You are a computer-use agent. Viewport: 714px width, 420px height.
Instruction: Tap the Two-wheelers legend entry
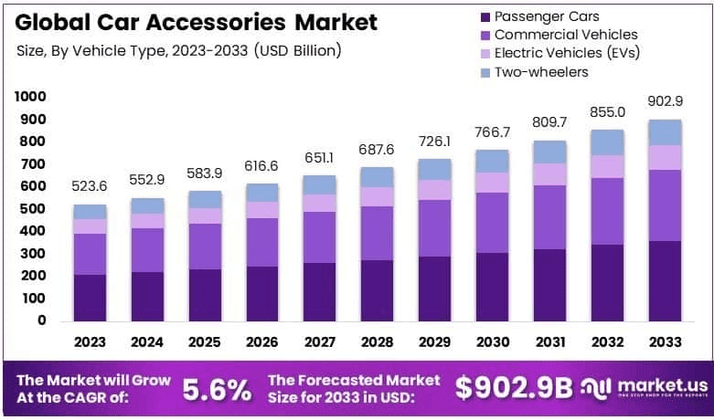click(541, 71)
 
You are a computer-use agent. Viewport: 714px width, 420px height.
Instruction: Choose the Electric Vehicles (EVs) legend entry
click(566, 53)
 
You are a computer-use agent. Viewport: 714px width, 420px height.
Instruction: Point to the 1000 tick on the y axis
click(29, 97)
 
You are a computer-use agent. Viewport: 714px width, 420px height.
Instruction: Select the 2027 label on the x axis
click(319, 342)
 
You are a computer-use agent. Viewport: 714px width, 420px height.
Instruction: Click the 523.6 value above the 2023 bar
click(90, 186)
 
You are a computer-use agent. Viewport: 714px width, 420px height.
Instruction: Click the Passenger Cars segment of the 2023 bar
click(90, 298)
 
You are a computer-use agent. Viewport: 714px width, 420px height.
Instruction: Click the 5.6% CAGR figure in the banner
click(217, 390)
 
